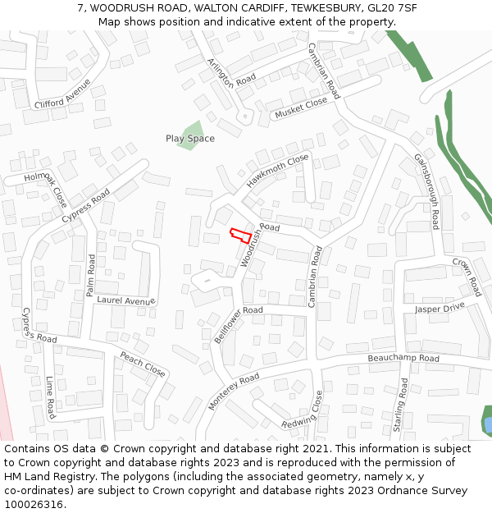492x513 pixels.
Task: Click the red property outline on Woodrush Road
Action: click(x=239, y=235)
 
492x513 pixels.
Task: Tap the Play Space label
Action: click(x=190, y=139)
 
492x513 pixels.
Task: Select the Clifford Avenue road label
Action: click(x=62, y=94)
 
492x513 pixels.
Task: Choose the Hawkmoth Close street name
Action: click(x=278, y=171)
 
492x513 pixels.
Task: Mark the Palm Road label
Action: click(x=91, y=275)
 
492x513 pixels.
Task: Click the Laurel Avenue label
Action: click(x=126, y=300)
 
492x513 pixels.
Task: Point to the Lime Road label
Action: click(x=50, y=396)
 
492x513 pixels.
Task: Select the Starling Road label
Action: click(x=399, y=410)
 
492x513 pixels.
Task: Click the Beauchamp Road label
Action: click(x=403, y=359)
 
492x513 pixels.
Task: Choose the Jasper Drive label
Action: click(x=440, y=309)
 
